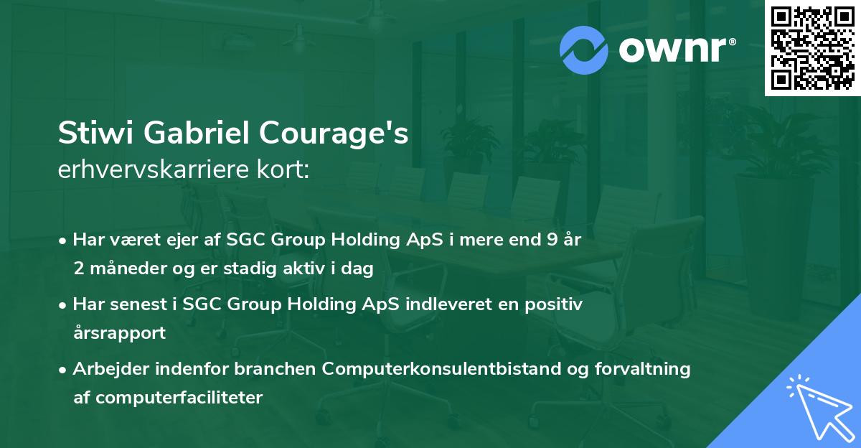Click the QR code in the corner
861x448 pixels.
click(813, 47)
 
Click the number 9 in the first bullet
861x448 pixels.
click(547, 241)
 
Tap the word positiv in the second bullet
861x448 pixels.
click(552, 304)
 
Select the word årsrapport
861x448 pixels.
click(119, 332)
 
